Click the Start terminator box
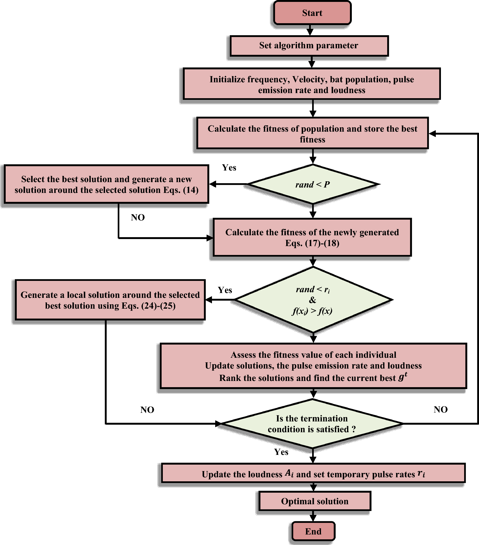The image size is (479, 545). tap(312, 13)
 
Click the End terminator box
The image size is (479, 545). tap(313, 531)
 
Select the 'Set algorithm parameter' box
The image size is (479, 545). tap(309, 46)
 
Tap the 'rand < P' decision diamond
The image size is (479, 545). tap(313, 185)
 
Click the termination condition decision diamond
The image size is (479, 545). tap(312, 424)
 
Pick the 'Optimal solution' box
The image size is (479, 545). tap(315, 501)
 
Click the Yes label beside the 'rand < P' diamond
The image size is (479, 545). tap(229, 168)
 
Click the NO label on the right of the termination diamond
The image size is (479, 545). tap(441, 410)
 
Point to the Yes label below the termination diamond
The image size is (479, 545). tap(281, 452)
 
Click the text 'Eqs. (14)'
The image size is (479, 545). tap(181, 190)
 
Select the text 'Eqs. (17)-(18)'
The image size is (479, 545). tap(312, 243)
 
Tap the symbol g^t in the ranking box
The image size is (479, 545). tap(403, 377)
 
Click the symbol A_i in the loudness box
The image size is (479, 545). tap(289, 474)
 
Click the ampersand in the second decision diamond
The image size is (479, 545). tap(312, 300)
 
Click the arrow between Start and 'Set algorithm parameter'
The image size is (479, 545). tap(310, 30)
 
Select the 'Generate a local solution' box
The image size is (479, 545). tap(110, 300)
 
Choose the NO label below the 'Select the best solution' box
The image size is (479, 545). tap(138, 217)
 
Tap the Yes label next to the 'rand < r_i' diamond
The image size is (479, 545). tap(225, 290)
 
